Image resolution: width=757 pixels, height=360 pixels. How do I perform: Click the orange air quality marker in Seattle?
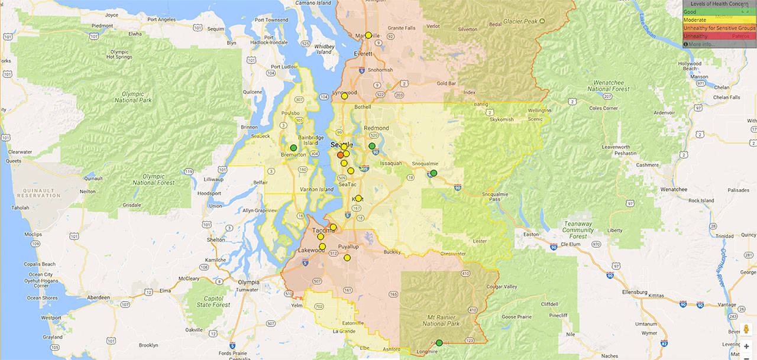click(341, 155)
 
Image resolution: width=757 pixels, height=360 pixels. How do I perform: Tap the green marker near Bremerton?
click(293, 148)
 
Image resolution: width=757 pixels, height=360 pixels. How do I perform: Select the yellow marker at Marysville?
click(368, 35)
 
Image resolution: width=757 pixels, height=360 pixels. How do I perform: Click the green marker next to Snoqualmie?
click(434, 173)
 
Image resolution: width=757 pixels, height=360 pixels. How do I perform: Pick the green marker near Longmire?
click(439, 343)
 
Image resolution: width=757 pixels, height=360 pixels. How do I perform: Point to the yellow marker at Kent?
click(358, 199)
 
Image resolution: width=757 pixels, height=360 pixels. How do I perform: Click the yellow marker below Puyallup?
click(347, 258)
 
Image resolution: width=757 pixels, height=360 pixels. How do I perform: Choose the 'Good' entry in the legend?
click(690, 12)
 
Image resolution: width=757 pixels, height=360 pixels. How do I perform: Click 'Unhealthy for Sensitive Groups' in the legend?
click(719, 28)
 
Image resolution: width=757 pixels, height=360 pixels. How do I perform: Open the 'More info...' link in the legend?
click(701, 44)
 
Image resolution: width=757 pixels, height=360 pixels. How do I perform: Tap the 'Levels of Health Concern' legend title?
click(719, 4)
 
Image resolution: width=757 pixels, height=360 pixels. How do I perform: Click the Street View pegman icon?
click(746, 330)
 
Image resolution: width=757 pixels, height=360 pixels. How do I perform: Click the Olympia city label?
click(248, 282)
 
